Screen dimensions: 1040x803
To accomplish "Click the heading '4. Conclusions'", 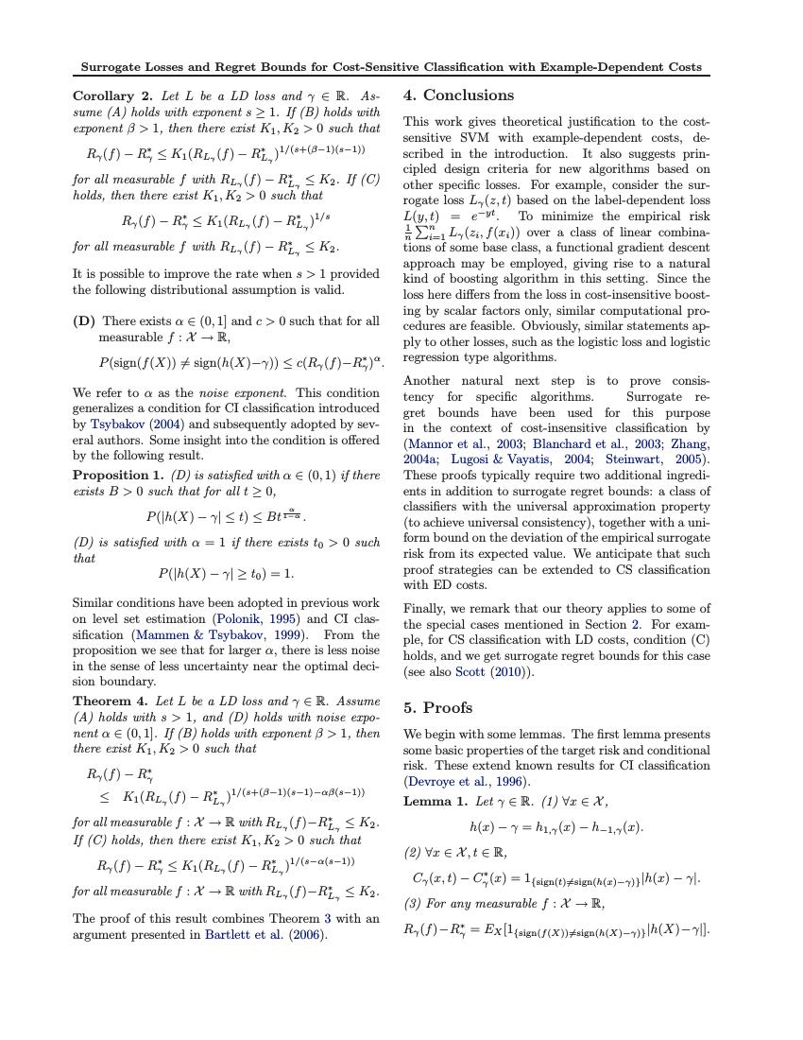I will click(458, 95).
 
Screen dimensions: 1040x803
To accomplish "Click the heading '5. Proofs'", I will click(437, 707).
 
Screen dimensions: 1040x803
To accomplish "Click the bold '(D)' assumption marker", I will click(84, 321).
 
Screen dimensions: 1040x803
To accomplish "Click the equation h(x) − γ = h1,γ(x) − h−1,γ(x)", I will click(555, 827).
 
